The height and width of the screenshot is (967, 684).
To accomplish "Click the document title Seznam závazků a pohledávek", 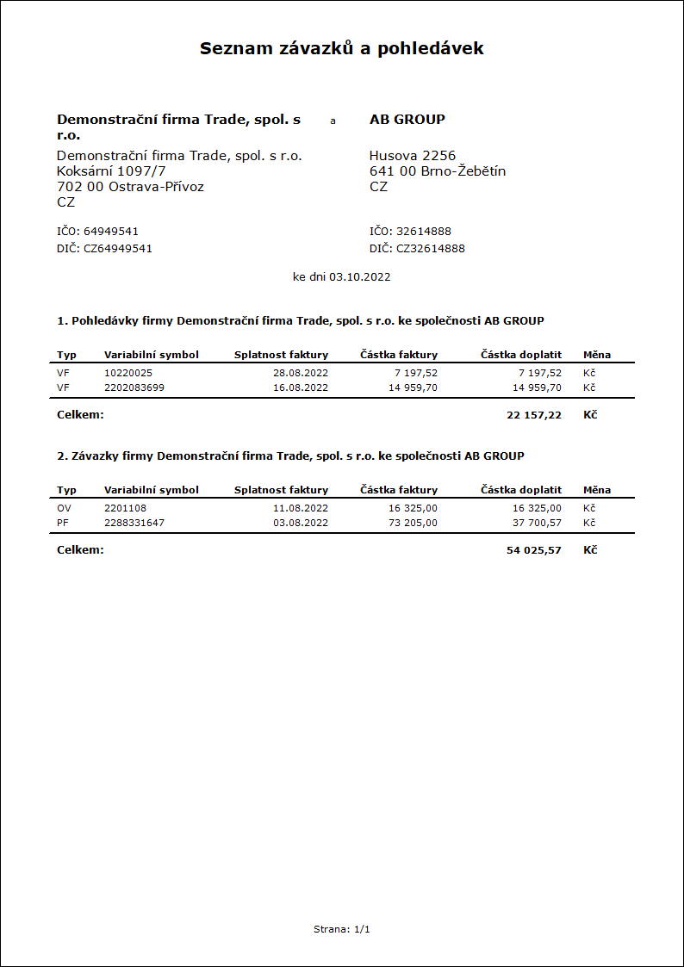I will [x=341, y=48].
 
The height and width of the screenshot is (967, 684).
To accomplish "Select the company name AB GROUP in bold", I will [x=407, y=120].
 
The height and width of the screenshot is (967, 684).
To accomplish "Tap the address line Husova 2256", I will [x=412, y=156].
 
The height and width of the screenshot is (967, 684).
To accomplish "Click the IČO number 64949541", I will [x=111, y=232].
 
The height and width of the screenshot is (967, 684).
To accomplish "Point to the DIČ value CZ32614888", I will [x=430, y=249].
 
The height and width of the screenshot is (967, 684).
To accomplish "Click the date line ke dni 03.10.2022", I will [x=342, y=277].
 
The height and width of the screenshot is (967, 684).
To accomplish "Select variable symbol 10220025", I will [x=128, y=373].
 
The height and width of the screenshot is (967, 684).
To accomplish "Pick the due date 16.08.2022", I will [x=301, y=387].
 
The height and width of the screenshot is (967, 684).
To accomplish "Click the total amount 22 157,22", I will [x=534, y=415].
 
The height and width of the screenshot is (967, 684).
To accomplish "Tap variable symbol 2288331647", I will [x=134, y=523].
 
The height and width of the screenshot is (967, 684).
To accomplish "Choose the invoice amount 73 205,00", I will [x=407, y=523].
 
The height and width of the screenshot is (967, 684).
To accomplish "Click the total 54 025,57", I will [x=534, y=550].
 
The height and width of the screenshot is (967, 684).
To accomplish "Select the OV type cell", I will [x=64, y=508].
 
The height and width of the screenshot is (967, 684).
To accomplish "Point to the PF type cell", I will [x=63, y=523].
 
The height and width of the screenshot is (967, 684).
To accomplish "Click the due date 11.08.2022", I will [x=301, y=508].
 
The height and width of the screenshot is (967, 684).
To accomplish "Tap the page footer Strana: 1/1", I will [x=342, y=929].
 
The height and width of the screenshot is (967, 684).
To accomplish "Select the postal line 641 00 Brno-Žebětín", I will [x=437, y=171].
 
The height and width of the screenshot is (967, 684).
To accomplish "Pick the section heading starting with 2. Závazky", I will [x=290, y=456].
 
